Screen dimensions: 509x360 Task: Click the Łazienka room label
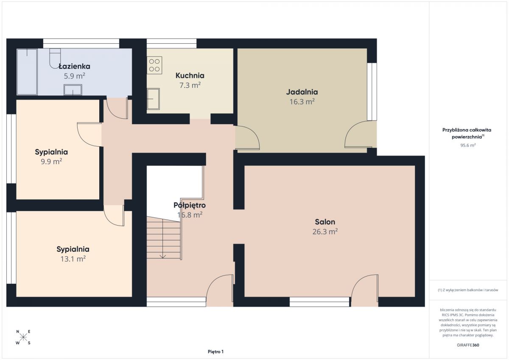tap(74, 66)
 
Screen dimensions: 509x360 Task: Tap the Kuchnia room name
tap(190, 75)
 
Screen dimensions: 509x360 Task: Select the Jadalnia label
tap(302, 92)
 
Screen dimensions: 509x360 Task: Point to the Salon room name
tap(325, 222)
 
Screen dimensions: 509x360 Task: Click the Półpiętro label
tap(190, 205)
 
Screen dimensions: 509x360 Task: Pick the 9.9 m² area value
tap(51, 162)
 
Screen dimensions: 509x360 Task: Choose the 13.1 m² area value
tap(73, 259)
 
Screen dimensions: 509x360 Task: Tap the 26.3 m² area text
tap(325, 232)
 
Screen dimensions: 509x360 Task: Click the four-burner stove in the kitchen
tap(154, 65)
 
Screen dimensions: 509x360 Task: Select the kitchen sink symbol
tap(153, 99)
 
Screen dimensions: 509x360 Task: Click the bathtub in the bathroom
tap(27, 72)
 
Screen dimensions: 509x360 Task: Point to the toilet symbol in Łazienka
tap(55, 59)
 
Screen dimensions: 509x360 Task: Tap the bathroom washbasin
tap(73, 90)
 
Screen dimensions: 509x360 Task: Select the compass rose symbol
tap(23, 337)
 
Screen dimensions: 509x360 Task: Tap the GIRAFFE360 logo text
tap(468, 345)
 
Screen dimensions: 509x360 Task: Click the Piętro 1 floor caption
tap(215, 352)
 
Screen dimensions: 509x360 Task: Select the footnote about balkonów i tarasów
tap(468, 290)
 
